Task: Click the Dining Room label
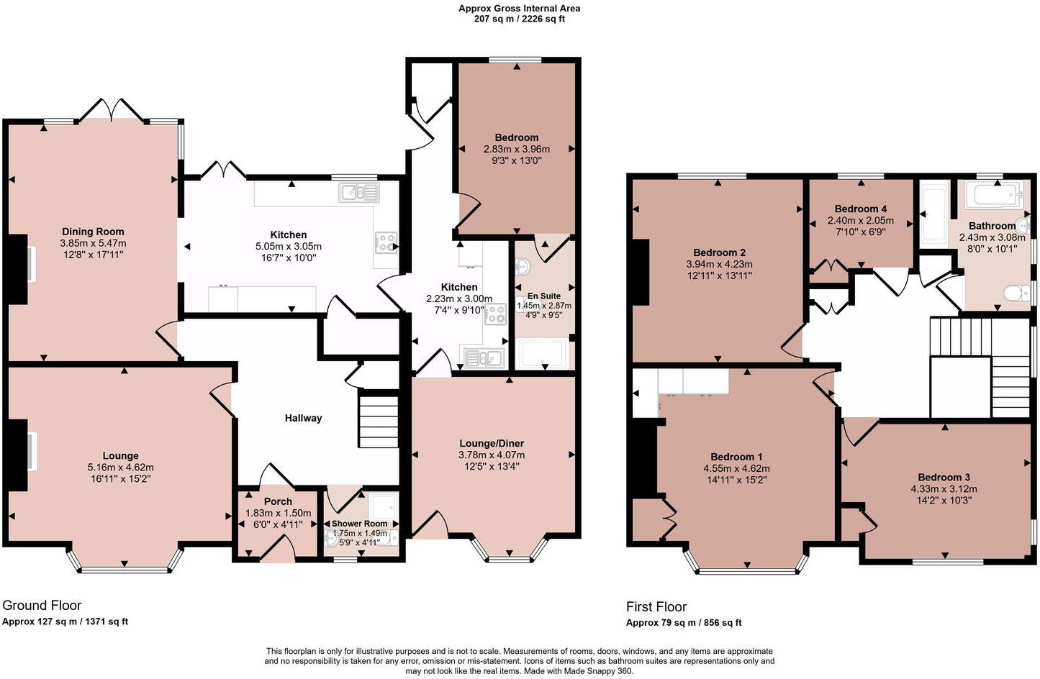(x=93, y=232)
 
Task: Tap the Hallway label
(x=303, y=418)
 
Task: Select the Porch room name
(x=278, y=501)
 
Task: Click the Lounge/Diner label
(x=492, y=443)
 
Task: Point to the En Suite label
(x=543, y=296)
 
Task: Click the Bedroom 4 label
(x=860, y=209)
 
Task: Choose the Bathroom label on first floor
(x=992, y=226)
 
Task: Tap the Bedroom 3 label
(x=944, y=477)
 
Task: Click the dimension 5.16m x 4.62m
(x=120, y=467)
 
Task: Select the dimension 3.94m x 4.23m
(x=719, y=264)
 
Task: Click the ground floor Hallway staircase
(x=379, y=421)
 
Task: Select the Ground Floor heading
(x=42, y=605)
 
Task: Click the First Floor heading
(x=656, y=606)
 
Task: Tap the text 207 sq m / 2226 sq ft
(x=519, y=19)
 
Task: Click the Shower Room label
(x=359, y=523)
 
